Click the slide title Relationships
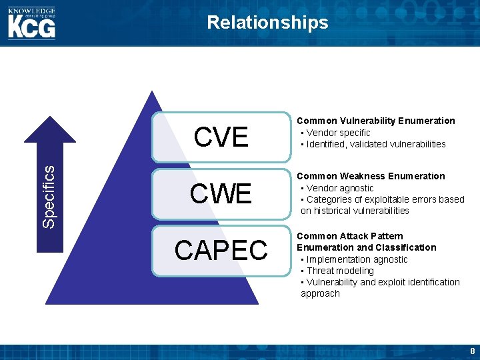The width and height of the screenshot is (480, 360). pos(267,23)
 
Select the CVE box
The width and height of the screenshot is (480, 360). pos(221,137)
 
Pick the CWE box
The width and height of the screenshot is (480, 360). pos(221,194)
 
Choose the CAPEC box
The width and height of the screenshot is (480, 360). pos(221,250)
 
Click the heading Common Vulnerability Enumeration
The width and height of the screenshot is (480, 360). pos(375,121)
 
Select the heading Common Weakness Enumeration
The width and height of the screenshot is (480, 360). pos(371,176)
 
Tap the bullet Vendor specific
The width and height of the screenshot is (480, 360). pos(338,133)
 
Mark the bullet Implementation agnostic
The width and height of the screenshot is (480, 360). pos(357,259)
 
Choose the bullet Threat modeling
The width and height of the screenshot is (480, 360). pos(340,271)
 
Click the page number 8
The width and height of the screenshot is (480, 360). pos(472,351)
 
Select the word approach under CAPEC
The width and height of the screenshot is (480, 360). pos(320,293)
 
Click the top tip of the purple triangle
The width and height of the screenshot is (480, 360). pos(153,92)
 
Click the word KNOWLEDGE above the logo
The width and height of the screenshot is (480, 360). pos(31,10)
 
